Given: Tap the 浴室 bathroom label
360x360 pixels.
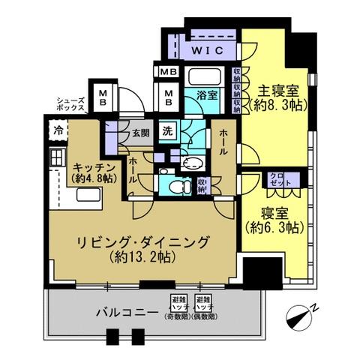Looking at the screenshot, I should [x=208, y=95].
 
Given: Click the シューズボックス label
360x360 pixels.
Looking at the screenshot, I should [x=71, y=103].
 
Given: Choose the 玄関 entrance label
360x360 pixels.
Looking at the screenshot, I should [x=141, y=135].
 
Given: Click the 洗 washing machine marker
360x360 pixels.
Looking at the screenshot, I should [x=169, y=128].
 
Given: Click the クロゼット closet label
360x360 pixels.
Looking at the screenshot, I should [x=278, y=180].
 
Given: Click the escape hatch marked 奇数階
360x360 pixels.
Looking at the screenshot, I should [x=178, y=307].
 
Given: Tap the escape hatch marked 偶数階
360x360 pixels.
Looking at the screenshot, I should [x=202, y=307].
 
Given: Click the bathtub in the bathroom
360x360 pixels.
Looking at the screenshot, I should [x=201, y=78].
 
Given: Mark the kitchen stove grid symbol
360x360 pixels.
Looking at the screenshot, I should [x=57, y=157].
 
